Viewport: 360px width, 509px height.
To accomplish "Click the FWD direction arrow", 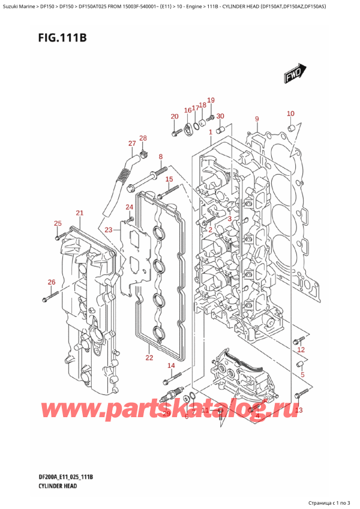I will pyautogui.click(x=292, y=75).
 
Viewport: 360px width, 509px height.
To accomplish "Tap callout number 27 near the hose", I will pyautogui.click(x=132, y=143).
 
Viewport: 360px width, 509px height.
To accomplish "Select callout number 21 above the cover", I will pyautogui.click(x=80, y=213).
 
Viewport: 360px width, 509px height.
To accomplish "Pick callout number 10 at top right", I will pyautogui.click(x=290, y=113).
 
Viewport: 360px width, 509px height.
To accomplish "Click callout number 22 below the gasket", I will pyautogui.click(x=149, y=358).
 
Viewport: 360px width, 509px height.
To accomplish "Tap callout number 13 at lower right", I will pyautogui.click(x=299, y=410).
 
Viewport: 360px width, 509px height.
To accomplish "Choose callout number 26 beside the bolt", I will pyautogui.click(x=52, y=282).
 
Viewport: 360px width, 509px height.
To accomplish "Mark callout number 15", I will pyautogui.click(x=169, y=179).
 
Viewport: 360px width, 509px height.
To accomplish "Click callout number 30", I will pyautogui.click(x=220, y=116).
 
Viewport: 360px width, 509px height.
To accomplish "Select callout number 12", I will pyautogui.click(x=301, y=349).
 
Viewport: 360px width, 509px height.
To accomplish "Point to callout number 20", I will pyautogui.click(x=175, y=116).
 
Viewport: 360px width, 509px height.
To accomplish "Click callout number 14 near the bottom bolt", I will pyautogui.click(x=171, y=366).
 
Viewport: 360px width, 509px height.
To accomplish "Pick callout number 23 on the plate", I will pyautogui.click(x=108, y=230).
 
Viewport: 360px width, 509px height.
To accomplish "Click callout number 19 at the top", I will pyautogui.click(x=211, y=100).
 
